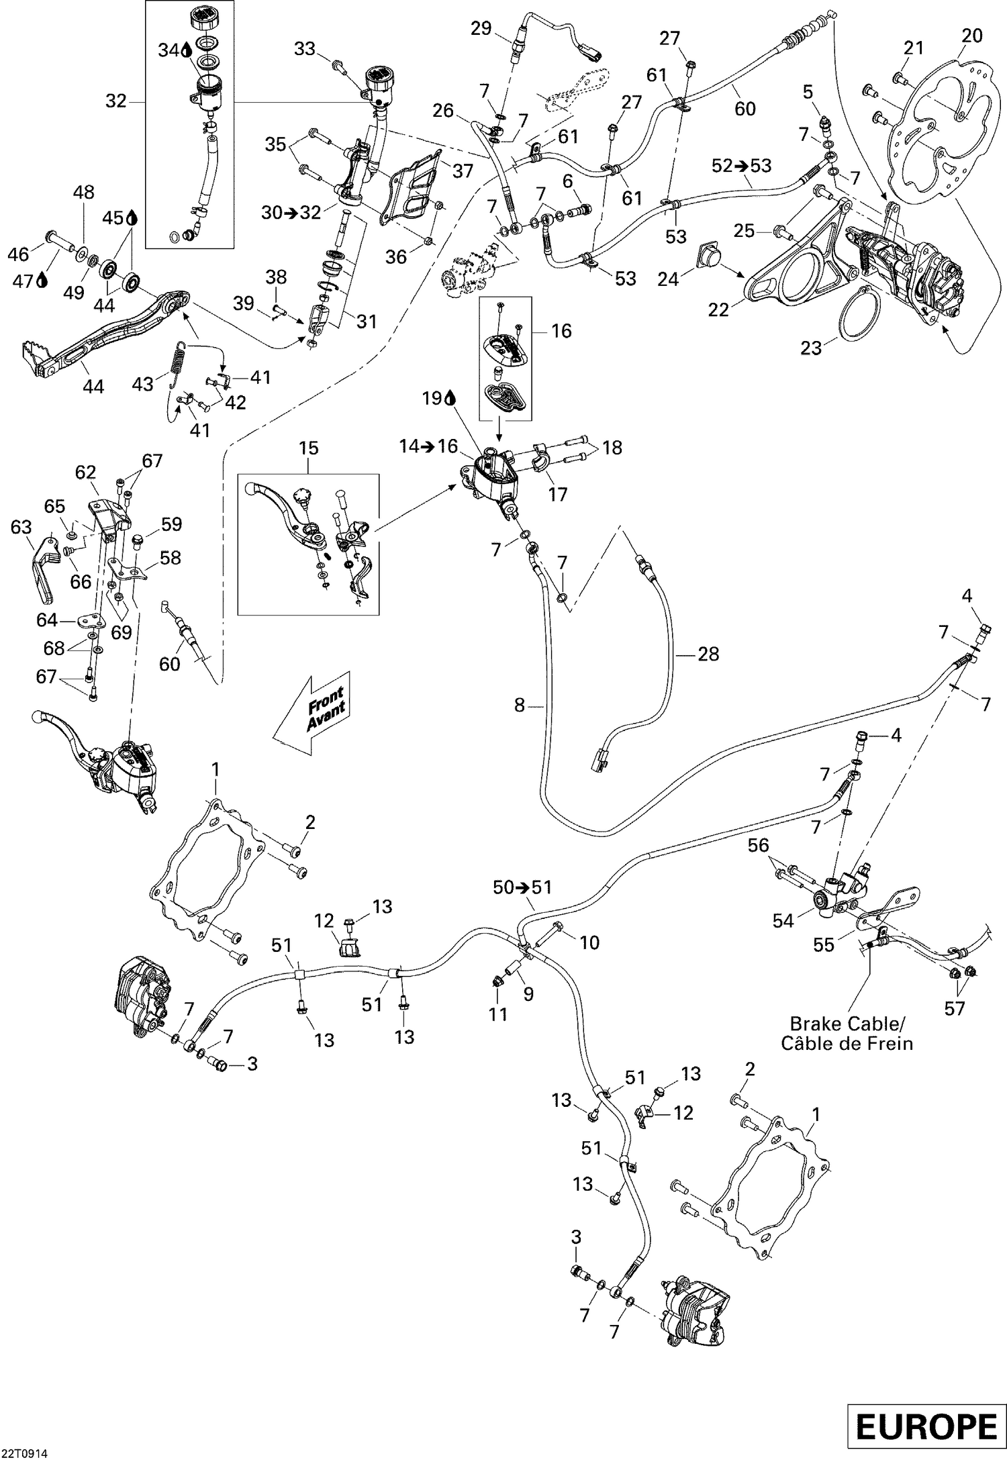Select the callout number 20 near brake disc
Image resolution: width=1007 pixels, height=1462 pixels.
(971, 36)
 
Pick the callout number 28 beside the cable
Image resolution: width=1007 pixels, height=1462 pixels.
(708, 653)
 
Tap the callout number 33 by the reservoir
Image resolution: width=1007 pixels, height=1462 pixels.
(305, 48)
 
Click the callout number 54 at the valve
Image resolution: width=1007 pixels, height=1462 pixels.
(783, 921)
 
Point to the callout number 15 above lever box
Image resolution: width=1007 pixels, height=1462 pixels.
(308, 448)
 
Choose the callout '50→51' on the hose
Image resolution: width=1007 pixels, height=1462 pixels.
(522, 887)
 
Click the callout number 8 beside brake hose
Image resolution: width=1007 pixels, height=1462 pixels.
(518, 705)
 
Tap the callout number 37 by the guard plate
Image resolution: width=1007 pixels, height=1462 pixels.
(462, 171)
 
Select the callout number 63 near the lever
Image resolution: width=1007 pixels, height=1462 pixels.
(21, 527)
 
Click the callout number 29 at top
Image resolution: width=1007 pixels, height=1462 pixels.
(481, 29)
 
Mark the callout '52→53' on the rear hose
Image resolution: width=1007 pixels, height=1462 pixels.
(742, 165)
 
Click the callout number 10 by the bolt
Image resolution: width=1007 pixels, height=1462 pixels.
(589, 942)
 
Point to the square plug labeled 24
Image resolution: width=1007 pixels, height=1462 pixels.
(707, 257)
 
